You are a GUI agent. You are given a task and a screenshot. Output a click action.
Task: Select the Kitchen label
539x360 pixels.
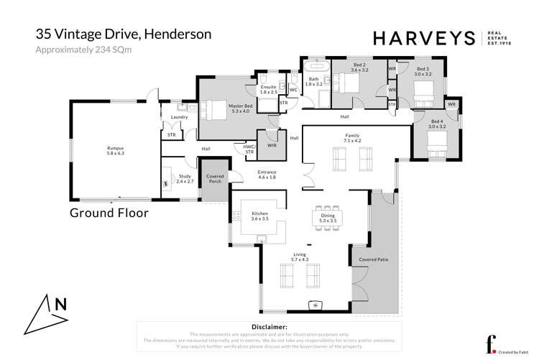pos(259,215)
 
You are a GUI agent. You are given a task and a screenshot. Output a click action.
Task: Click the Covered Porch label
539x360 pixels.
pos(215,179)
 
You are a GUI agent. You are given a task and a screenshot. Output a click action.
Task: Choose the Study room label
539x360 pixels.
pos(185,179)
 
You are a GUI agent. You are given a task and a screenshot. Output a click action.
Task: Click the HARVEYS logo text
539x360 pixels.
pos(423,38)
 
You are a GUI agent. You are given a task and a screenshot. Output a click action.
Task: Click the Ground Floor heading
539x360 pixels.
pos(109,213)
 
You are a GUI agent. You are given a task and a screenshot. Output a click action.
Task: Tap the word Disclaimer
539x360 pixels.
pos(268,327)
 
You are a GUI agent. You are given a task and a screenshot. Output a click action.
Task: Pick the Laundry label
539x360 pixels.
pos(179,117)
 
